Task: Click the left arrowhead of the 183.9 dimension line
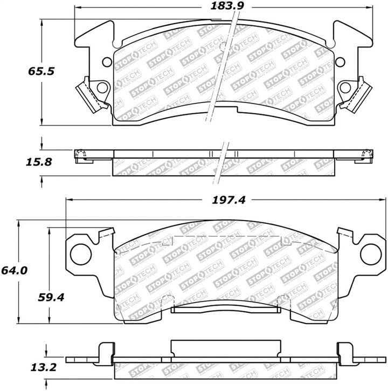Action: click(x=77, y=8)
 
